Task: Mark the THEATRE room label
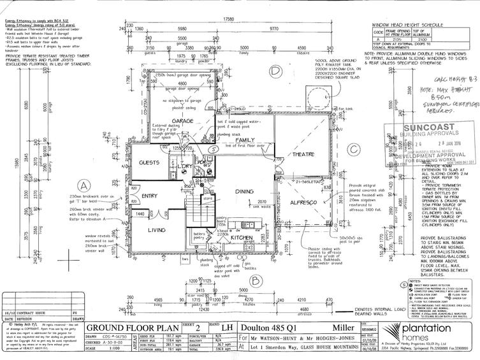[x=304, y=154]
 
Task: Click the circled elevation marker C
[x=352, y=149]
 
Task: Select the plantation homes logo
[x=433, y=331]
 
